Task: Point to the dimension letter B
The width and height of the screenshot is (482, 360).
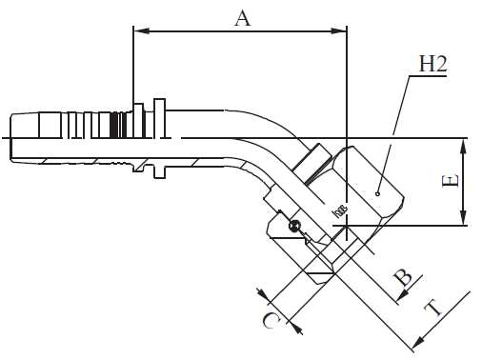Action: pyautogui.click(x=404, y=278)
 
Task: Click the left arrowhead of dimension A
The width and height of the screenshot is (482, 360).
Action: pyautogui.click(x=138, y=30)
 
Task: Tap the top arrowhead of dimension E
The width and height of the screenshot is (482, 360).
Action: pyautogui.click(x=462, y=144)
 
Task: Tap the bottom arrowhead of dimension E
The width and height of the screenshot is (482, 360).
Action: pyautogui.click(x=462, y=220)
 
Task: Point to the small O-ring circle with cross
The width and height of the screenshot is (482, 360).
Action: pyautogui.click(x=294, y=226)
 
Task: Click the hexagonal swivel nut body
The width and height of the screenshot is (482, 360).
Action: pyautogui.click(x=367, y=186)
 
